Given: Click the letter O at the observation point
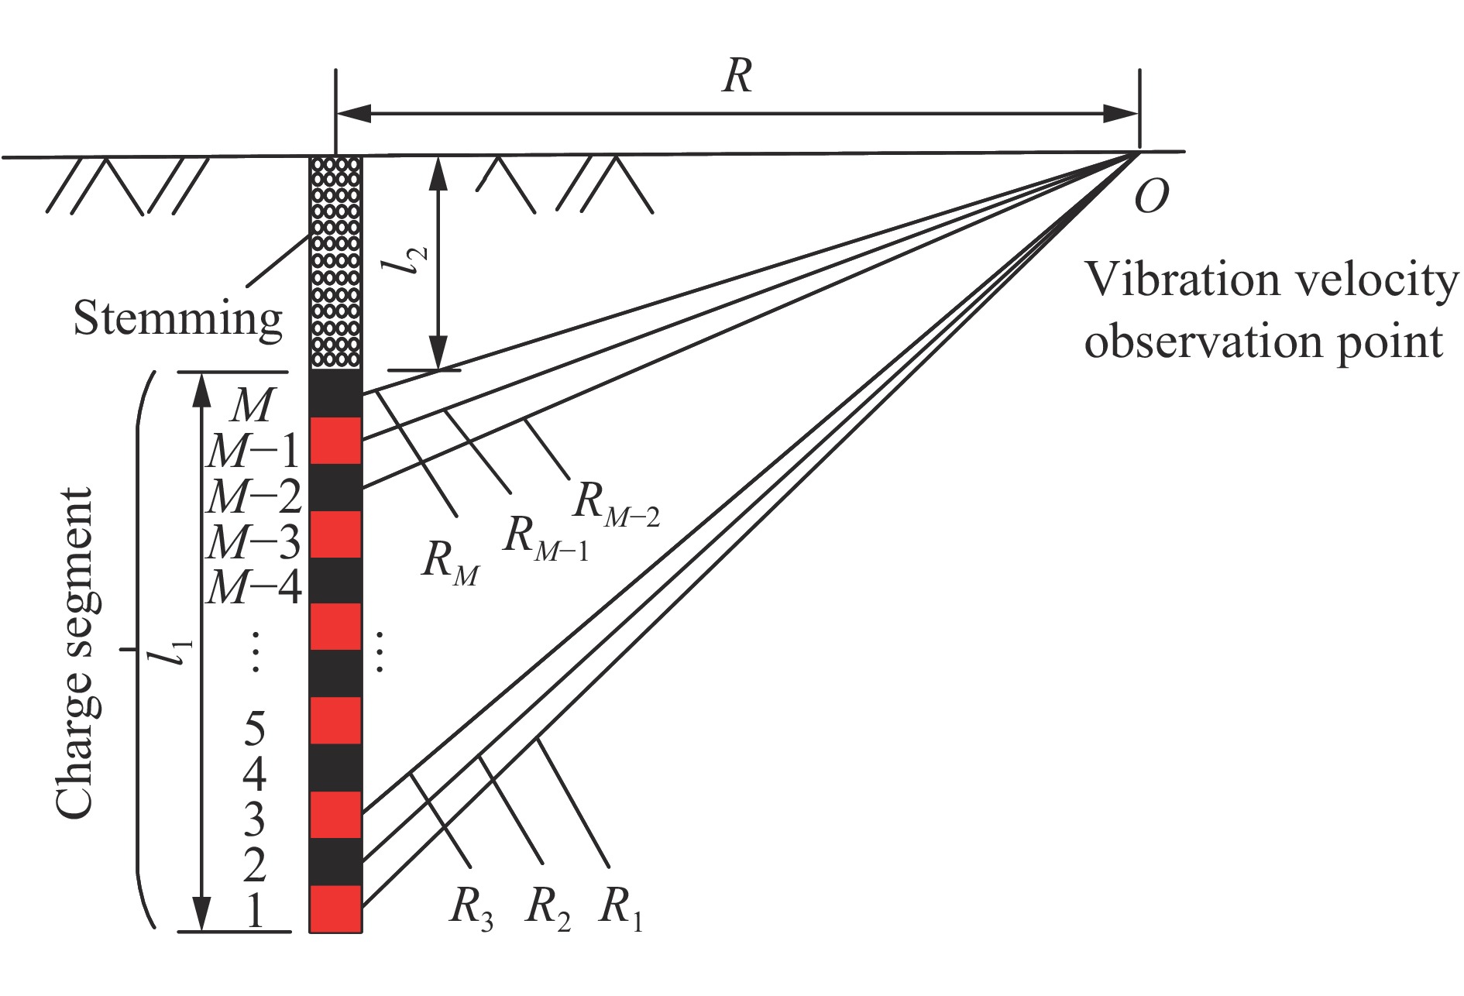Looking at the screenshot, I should point(1151,197).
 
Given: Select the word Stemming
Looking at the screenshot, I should point(178,319).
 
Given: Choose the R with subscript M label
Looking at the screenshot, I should point(450,562).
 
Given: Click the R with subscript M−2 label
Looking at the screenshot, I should point(616,503).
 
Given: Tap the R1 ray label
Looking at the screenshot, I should point(620,908).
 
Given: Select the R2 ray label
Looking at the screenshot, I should point(547,908).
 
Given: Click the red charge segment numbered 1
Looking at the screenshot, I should point(335,908).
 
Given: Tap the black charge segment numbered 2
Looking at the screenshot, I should point(335,861).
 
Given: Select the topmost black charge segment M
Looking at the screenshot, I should point(335,393).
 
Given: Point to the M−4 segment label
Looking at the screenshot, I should point(254,589).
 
